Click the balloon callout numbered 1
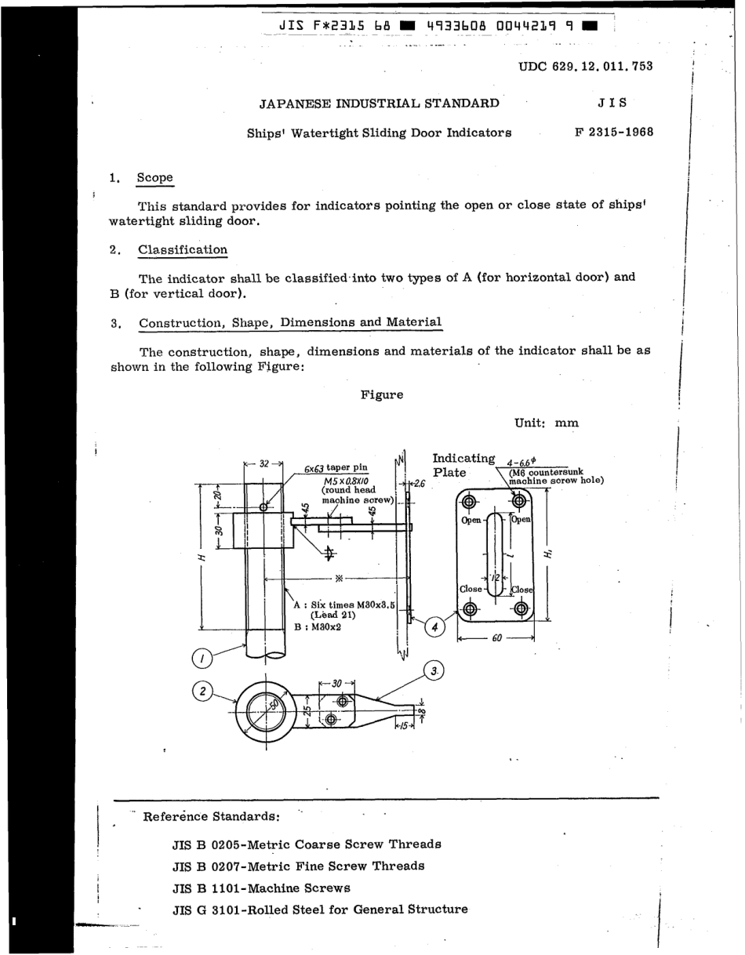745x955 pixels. [x=202, y=656]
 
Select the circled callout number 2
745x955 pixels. [x=202, y=691]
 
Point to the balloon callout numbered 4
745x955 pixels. [x=434, y=627]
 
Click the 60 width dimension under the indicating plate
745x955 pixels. [x=496, y=638]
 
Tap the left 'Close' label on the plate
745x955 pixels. [x=471, y=589]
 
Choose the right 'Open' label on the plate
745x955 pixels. [x=521, y=519]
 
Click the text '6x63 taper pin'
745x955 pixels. [x=336, y=469]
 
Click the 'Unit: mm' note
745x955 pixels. [x=547, y=423]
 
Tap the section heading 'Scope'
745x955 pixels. [x=154, y=178]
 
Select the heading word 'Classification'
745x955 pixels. [x=183, y=250]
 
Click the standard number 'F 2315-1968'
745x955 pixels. [x=614, y=132]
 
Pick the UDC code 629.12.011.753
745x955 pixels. [x=586, y=67]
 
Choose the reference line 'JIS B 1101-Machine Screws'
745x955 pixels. [x=261, y=888]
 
